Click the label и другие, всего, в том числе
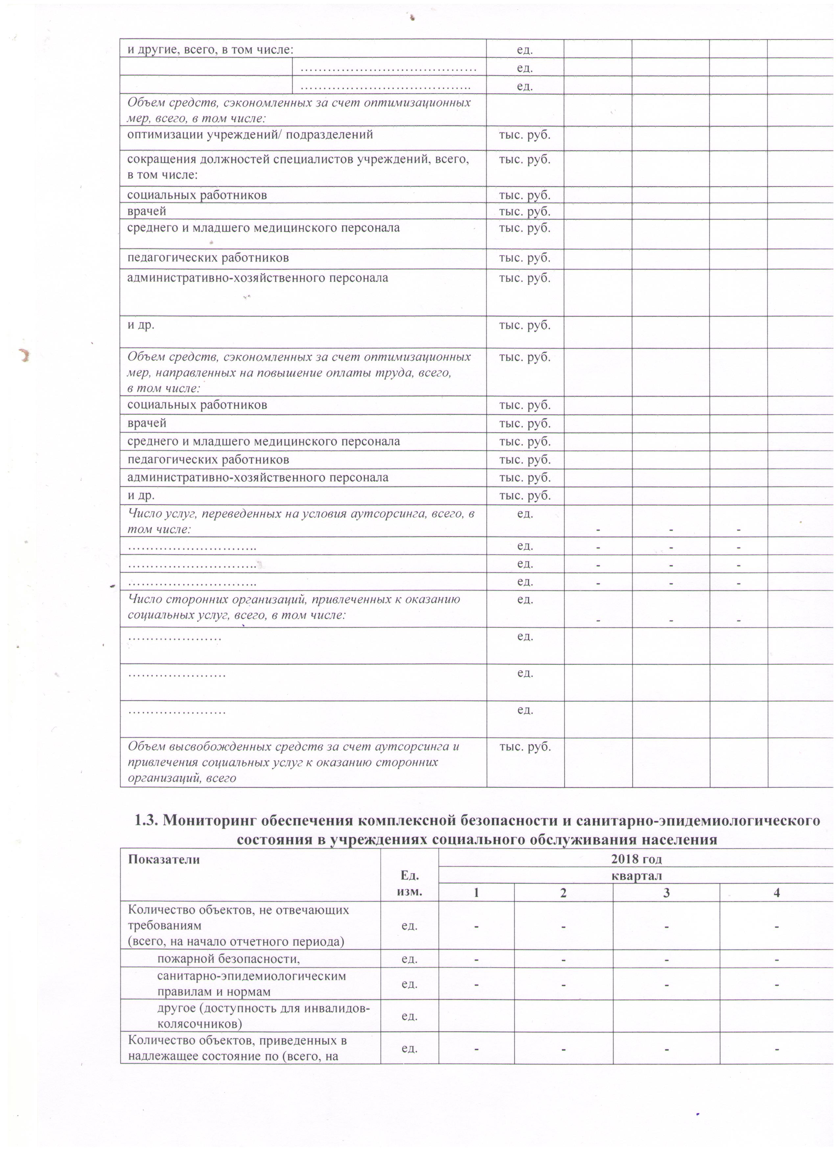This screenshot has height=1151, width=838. click(210, 49)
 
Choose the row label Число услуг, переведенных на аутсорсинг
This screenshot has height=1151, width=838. click(301, 521)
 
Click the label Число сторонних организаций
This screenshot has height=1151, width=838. click(294, 607)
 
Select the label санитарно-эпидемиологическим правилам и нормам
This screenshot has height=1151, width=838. click(252, 984)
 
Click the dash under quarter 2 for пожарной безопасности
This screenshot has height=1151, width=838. click(563, 959)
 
